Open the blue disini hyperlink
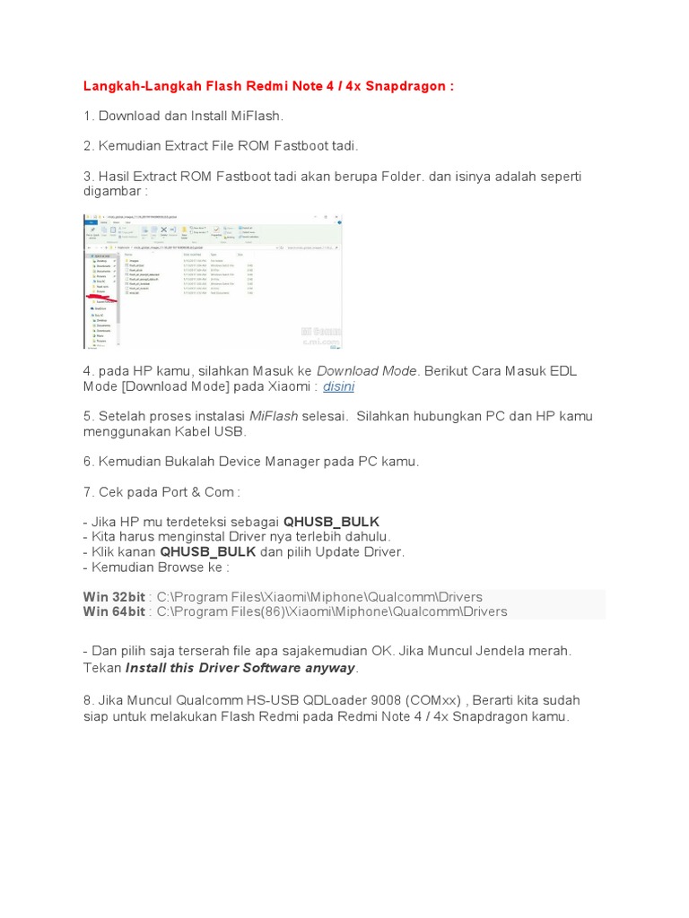coord(338,386)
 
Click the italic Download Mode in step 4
coord(366,370)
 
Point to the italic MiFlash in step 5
coord(273,416)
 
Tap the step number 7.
coord(87,491)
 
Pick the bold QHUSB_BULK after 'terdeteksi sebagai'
coord(331,522)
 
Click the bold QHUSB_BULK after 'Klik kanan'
coord(208,551)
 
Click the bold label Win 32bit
coord(114,597)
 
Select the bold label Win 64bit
coord(114,611)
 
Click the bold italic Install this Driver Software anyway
coord(240,668)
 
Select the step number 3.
coord(87,176)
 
